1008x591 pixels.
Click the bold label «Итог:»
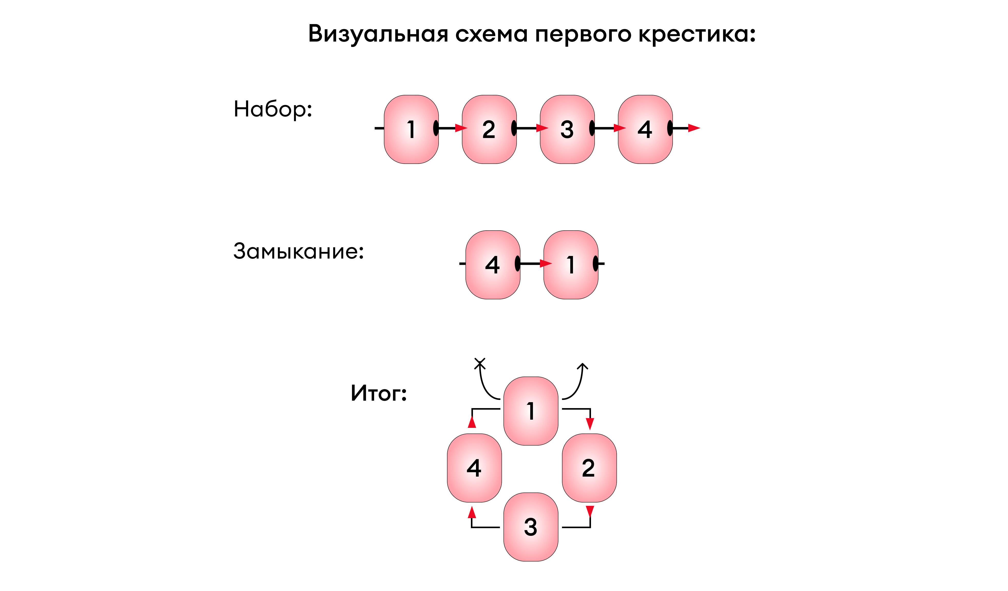(x=379, y=393)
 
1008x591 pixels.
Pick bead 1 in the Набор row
(x=411, y=129)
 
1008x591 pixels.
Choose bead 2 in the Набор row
(x=489, y=129)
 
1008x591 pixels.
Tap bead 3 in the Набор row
(x=567, y=129)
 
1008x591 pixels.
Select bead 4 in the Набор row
(x=645, y=129)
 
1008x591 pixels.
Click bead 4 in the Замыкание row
(x=493, y=265)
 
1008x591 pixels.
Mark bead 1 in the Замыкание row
(x=571, y=265)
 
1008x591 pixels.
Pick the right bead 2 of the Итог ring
(x=589, y=468)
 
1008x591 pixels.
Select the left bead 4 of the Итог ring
(x=474, y=468)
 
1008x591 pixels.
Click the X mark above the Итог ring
(x=480, y=363)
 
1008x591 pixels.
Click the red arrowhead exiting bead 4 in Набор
(x=694, y=128)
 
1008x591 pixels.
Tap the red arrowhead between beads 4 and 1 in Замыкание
(x=546, y=263)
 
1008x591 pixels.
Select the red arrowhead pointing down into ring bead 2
(x=590, y=424)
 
